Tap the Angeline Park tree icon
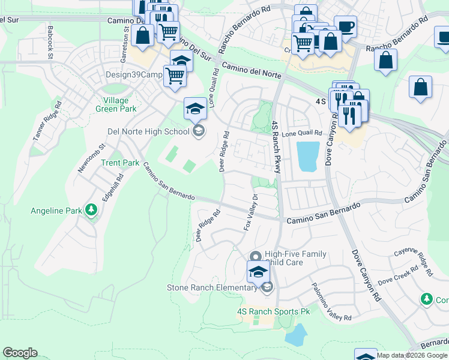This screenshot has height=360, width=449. (91, 210)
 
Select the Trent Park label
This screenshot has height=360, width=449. (120, 163)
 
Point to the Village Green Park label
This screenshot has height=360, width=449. (119, 104)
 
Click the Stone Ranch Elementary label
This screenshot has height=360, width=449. (212, 288)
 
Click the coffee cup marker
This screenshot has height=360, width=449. (345, 26)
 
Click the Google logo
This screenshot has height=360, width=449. (20, 353)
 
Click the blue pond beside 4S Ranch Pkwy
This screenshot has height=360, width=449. (308, 156)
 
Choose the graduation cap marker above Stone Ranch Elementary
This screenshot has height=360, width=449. (258, 271)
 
